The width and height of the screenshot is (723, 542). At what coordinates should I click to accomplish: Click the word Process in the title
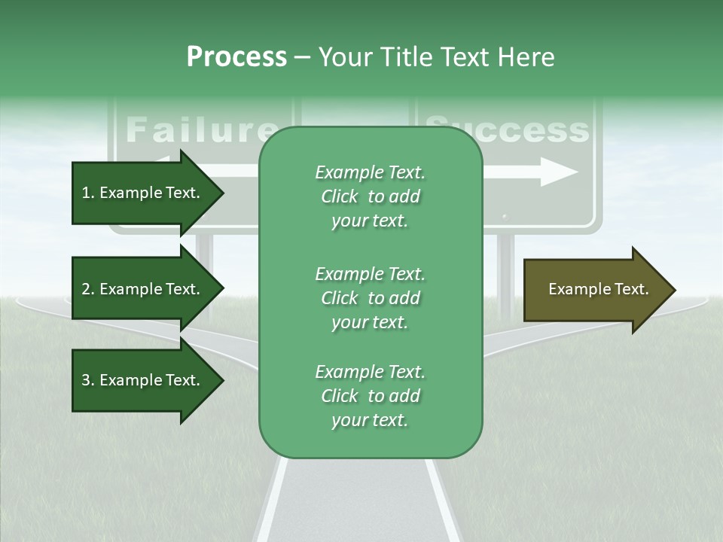236,57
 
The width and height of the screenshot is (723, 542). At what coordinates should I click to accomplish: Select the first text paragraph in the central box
370,196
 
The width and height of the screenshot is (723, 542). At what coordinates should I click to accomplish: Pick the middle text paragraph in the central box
370,298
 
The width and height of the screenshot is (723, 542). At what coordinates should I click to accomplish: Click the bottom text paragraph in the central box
370,396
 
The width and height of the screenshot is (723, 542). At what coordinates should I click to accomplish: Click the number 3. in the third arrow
88,380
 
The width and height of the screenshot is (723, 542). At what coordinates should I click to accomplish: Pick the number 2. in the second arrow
88,289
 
